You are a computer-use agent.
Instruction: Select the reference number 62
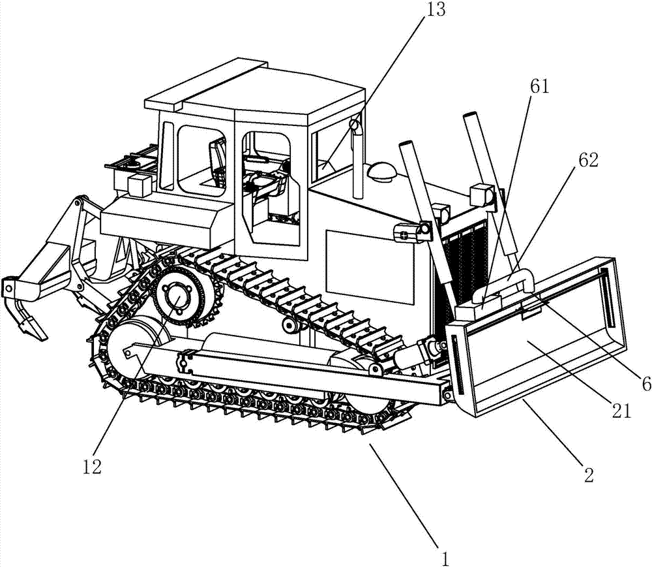pos(587,159)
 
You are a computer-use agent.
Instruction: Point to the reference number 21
pos(621,411)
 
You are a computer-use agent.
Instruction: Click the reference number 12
pos(91,467)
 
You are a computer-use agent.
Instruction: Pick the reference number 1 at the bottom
pos(445,558)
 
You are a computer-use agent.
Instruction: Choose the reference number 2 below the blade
pos(589,475)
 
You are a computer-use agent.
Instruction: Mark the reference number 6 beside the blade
pos(645,383)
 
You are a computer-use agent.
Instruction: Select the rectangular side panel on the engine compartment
pos(370,267)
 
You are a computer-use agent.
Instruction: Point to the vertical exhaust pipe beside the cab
pos(357,159)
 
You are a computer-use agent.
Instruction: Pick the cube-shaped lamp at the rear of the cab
pos(140,185)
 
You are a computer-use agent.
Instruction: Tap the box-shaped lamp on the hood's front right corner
pos(483,194)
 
